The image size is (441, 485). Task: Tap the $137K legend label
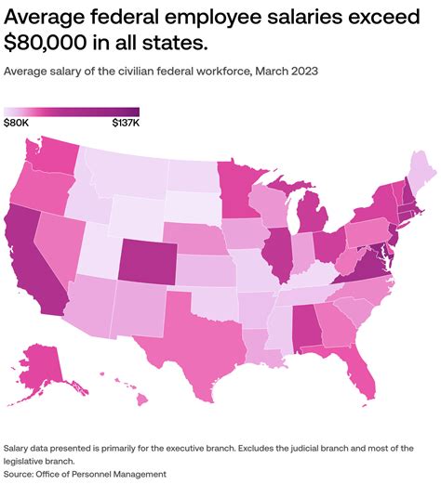pyautogui.click(x=126, y=122)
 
